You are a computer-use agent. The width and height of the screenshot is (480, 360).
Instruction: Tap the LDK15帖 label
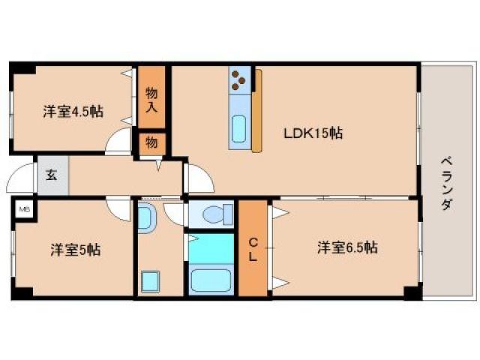(313, 133)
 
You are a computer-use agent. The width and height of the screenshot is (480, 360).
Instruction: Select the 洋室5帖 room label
(76, 249)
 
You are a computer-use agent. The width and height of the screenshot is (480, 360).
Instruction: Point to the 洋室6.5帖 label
(346, 247)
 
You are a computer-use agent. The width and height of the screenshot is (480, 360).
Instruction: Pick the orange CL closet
(253, 249)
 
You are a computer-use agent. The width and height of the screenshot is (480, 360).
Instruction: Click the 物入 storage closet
(151, 98)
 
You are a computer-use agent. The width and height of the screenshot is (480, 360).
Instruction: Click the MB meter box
(24, 208)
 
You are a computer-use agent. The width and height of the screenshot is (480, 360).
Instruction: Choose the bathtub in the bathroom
(212, 281)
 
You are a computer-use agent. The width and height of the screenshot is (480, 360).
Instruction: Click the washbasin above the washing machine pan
(146, 218)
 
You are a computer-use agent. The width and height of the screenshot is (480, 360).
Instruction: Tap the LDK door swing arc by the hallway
(197, 179)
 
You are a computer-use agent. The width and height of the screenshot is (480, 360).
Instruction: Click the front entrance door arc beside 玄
(21, 181)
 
